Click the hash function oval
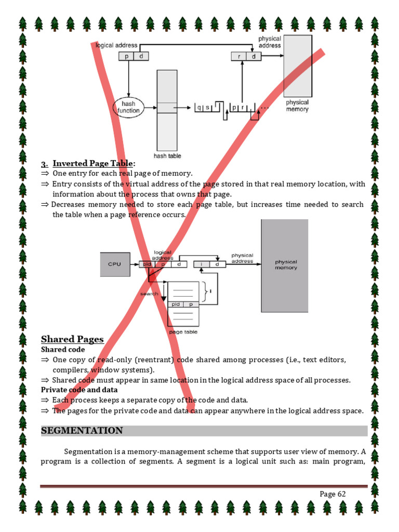tap(128, 108)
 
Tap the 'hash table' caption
tap(167, 155)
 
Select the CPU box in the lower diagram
tap(114, 264)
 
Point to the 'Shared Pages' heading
tap(72, 339)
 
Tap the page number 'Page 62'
tap(332, 494)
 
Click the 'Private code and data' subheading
tap(79, 390)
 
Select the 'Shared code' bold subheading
tap(63, 350)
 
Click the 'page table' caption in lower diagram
tap(183, 332)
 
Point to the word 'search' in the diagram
tap(149, 294)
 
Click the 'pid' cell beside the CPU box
tap(147, 264)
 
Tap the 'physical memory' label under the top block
tap(297, 106)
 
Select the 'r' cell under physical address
tap(238, 57)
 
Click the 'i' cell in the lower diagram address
tap(201, 264)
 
